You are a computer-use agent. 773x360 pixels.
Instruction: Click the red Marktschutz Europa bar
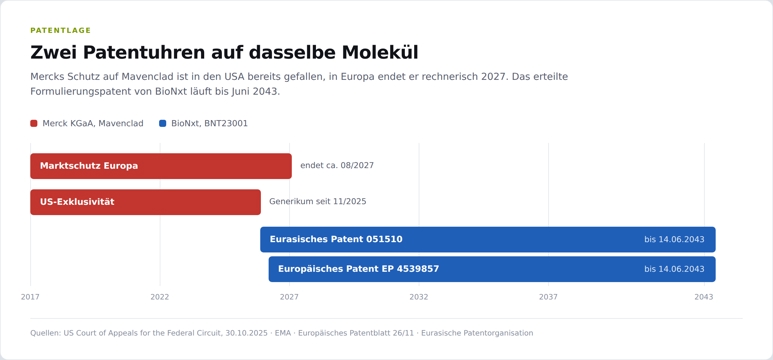click(x=161, y=166)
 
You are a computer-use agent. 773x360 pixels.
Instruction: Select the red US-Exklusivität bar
click(x=145, y=202)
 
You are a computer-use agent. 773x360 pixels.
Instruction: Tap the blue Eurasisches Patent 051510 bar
click(x=488, y=239)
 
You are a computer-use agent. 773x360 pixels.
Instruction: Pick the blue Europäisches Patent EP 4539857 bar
click(x=492, y=269)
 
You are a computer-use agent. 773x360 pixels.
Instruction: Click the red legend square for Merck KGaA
click(x=34, y=123)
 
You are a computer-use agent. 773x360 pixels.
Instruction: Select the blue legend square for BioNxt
click(x=163, y=123)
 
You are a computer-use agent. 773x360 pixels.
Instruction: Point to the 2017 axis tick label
click(x=30, y=297)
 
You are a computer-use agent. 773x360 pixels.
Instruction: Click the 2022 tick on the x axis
click(x=160, y=297)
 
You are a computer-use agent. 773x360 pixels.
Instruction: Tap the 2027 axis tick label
click(x=289, y=297)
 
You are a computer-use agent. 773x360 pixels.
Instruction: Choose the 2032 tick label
click(x=419, y=297)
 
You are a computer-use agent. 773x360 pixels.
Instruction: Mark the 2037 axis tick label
click(x=548, y=297)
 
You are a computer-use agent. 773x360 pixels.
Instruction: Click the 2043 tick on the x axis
click(x=704, y=297)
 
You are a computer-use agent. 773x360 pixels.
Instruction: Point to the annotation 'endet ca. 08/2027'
click(x=337, y=166)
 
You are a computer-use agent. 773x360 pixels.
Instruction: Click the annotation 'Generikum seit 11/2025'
click(x=317, y=202)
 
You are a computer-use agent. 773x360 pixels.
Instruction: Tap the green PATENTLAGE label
click(x=61, y=31)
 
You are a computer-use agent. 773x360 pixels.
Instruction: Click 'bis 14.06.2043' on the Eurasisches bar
click(x=674, y=239)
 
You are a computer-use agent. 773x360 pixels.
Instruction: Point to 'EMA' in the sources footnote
click(x=283, y=333)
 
